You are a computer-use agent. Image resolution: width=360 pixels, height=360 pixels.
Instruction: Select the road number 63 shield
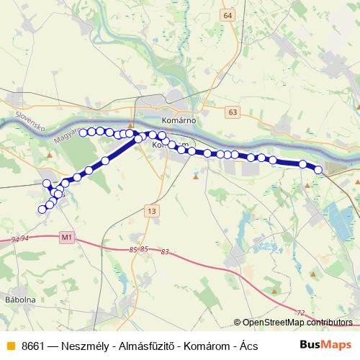(232, 112)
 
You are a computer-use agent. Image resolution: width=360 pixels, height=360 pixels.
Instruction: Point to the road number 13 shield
(150, 211)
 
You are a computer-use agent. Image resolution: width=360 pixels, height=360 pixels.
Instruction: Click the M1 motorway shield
(67, 236)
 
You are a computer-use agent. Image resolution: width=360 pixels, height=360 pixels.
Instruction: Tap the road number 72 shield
(300, 312)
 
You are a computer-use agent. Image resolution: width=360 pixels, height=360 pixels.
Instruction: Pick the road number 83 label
(166, 252)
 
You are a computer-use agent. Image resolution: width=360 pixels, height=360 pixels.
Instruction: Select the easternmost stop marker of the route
(319, 169)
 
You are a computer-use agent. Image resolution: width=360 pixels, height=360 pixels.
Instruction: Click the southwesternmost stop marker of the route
(42, 210)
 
